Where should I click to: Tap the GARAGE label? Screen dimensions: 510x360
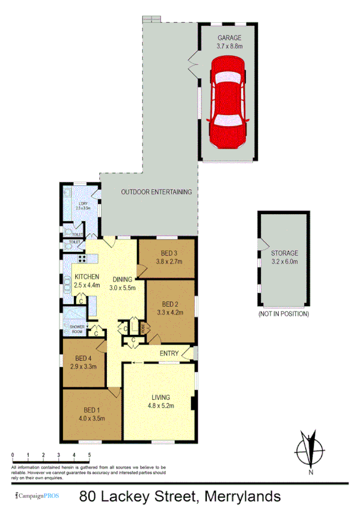[229, 37]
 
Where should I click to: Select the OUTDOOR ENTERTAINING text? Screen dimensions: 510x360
[156, 192]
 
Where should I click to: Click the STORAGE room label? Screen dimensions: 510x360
[284, 253]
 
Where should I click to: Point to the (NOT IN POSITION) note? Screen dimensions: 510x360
[284, 314]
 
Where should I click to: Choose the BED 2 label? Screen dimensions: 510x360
[171, 304]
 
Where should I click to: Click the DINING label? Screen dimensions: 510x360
[123, 279]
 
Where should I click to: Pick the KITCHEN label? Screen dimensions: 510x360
[87, 277]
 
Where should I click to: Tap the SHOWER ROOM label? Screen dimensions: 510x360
[77, 329]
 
